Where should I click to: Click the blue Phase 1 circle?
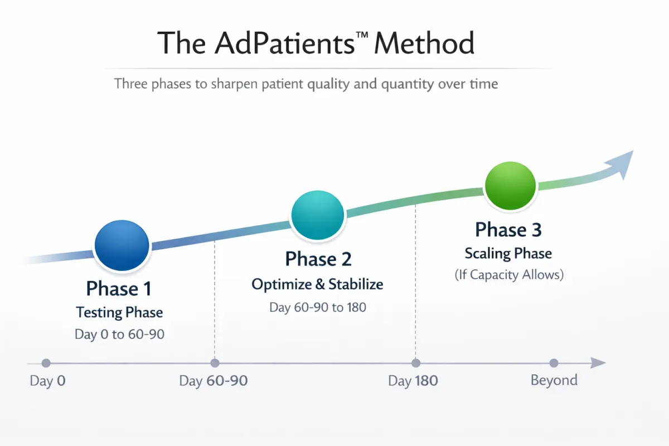click(122, 245)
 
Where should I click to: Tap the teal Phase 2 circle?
click(317, 215)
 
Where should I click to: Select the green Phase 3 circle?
click(510, 186)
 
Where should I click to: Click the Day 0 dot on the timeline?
click(46, 363)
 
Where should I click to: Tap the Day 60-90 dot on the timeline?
click(215, 363)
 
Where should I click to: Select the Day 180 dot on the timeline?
click(416, 363)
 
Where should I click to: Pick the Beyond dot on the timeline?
click(554, 363)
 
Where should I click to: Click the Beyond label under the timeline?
click(554, 380)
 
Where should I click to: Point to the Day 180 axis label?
click(413, 381)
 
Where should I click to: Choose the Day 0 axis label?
click(48, 381)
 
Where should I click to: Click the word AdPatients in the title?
click(284, 43)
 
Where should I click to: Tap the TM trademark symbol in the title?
click(362, 35)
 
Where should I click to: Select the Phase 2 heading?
click(318, 259)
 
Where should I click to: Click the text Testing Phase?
click(119, 313)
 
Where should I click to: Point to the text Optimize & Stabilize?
click(317, 284)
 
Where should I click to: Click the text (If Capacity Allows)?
click(509, 275)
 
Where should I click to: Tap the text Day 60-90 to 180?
click(318, 307)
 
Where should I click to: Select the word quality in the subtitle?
click(328, 84)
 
